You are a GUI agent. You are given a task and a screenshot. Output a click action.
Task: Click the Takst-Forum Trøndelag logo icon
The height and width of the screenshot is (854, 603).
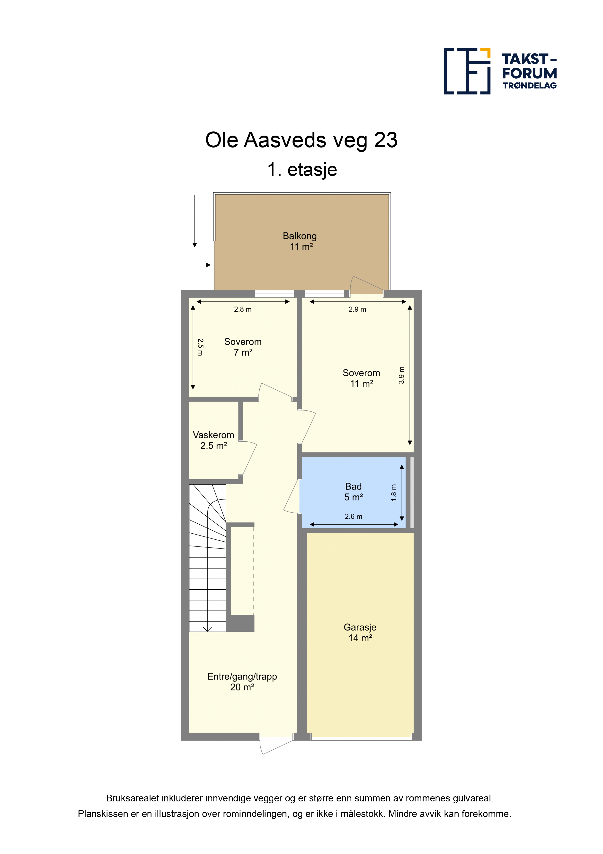point(467,71)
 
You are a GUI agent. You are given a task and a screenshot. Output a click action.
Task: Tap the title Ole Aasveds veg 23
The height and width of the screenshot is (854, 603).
point(301,140)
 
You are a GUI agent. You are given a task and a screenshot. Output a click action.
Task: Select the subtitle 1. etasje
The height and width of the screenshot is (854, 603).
point(302,170)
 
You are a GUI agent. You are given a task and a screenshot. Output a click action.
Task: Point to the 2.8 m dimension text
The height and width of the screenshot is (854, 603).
point(243,309)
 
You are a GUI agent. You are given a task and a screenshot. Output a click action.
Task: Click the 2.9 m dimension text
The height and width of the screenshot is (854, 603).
point(357,309)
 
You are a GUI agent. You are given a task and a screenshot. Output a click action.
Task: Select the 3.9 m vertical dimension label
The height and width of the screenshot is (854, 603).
point(401,375)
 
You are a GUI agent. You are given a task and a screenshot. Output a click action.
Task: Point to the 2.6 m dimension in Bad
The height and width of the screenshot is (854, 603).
point(353,516)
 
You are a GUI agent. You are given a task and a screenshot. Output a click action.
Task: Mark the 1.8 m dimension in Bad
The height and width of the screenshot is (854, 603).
point(394,492)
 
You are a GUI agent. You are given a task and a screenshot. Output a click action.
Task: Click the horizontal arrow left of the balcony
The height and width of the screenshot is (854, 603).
point(201,265)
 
